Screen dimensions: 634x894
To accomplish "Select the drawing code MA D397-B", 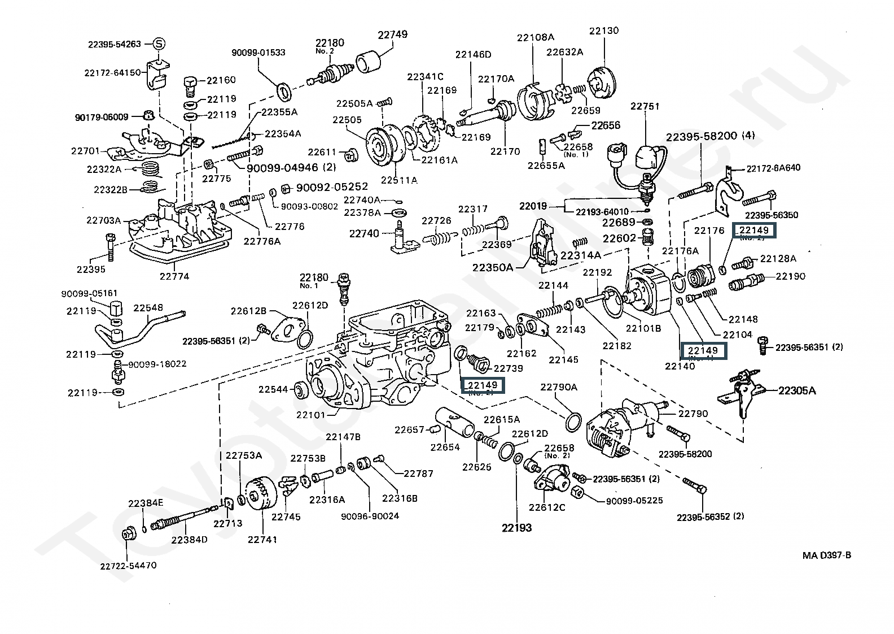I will click(827, 555).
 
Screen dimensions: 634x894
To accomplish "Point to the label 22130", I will click(604, 31).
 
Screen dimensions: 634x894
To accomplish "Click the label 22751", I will click(645, 106).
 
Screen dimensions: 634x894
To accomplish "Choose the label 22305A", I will click(797, 390).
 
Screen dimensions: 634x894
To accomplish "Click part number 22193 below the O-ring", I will click(516, 528).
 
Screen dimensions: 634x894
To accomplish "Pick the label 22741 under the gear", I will click(262, 539).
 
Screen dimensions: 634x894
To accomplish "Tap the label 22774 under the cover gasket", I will click(174, 276).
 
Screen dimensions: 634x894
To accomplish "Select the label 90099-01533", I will click(258, 53).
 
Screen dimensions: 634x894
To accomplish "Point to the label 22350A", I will click(493, 267).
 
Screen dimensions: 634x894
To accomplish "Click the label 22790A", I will click(559, 387).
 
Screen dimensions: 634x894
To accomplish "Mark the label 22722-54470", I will click(129, 565).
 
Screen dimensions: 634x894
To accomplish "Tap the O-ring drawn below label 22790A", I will click(572, 422).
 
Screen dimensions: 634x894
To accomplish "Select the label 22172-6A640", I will click(773, 168).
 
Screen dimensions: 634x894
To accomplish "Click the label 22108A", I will click(536, 37).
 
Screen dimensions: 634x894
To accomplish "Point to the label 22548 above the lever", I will click(148, 308).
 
